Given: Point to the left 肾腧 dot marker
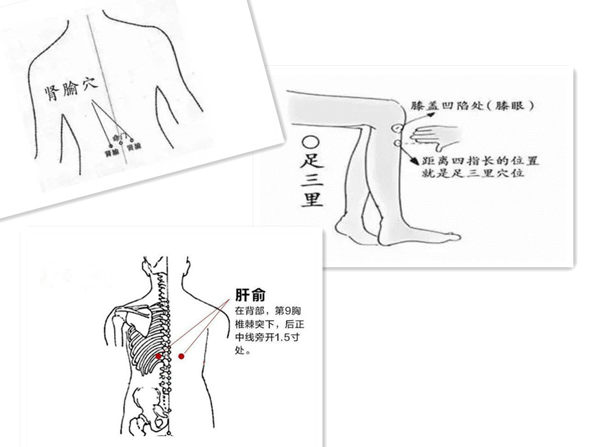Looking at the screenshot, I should (109, 147).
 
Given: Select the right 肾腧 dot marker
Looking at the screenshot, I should (132, 140).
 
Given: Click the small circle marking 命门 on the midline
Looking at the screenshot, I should (121, 143).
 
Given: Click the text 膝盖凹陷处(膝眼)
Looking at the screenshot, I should (472, 106).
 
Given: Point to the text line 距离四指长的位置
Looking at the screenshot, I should (481, 160).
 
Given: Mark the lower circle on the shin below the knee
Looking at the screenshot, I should (398, 143).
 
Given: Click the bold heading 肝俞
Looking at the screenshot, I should (251, 295).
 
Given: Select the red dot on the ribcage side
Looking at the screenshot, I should (158, 356).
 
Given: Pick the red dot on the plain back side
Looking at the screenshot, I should (182, 356).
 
